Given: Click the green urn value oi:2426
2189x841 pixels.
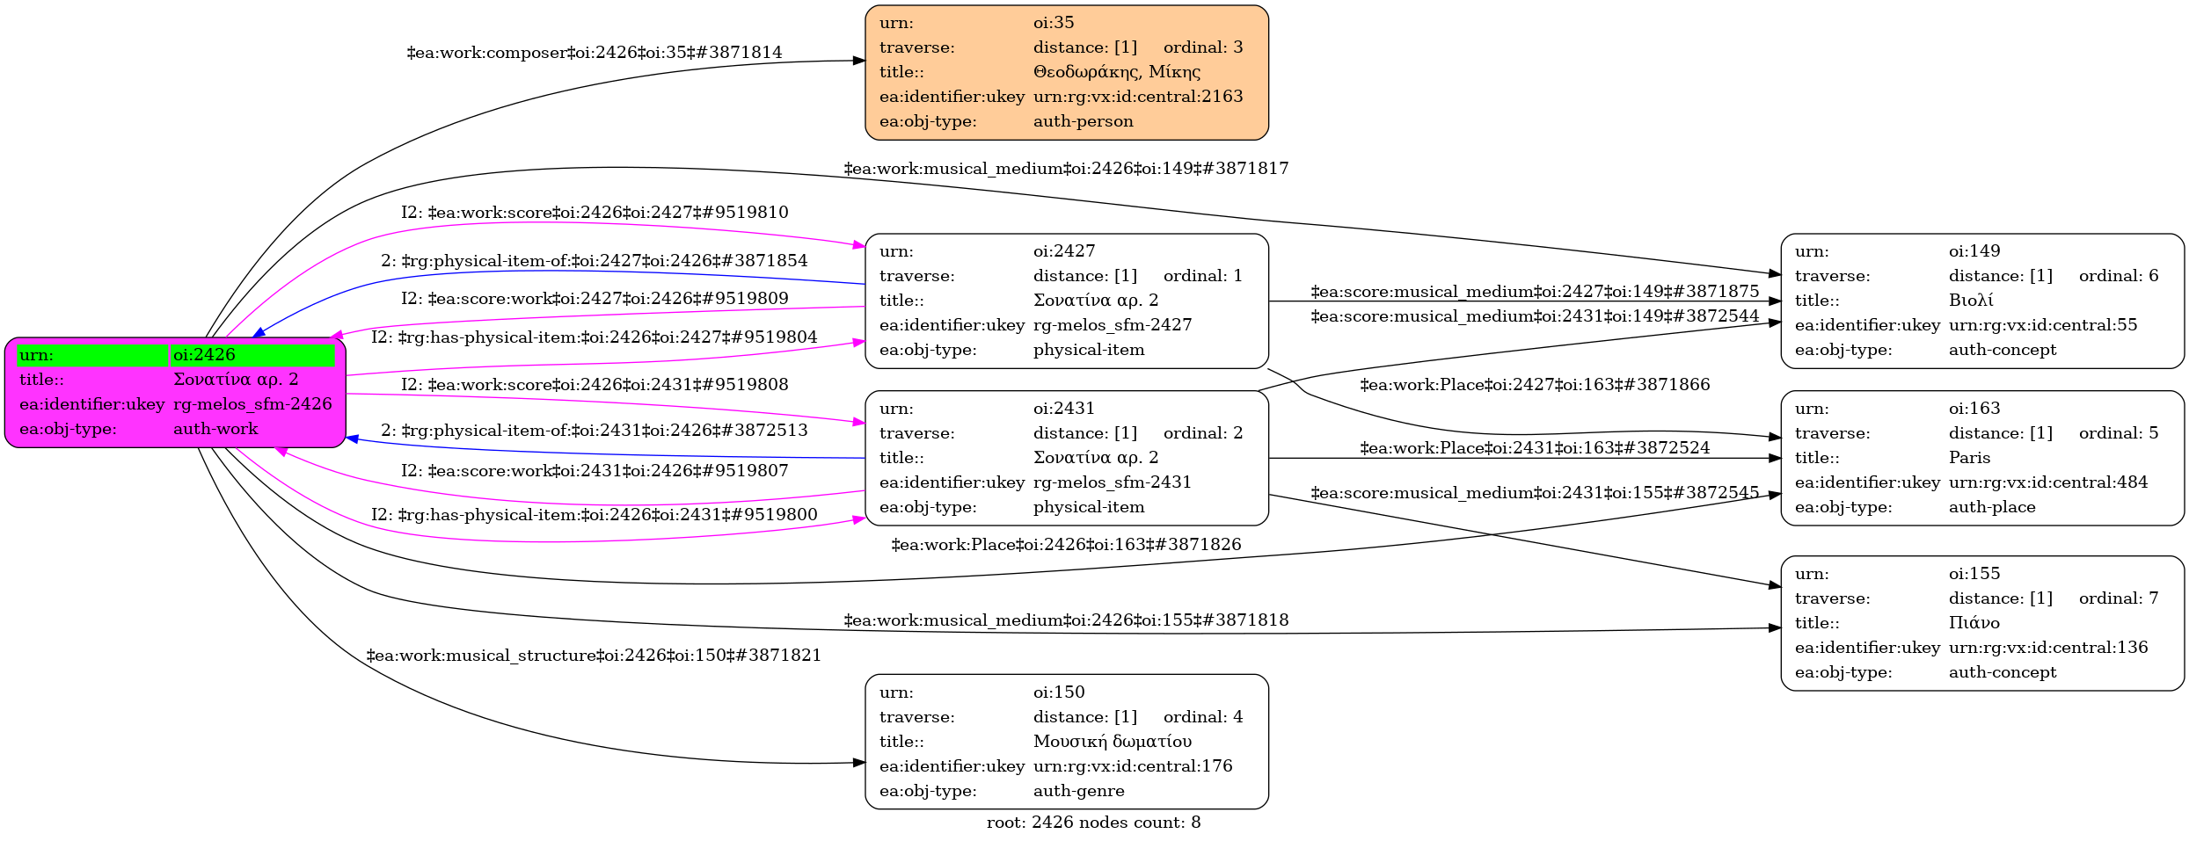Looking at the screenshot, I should pos(204,355).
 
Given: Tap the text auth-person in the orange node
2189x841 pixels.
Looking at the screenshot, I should pos(1083,121).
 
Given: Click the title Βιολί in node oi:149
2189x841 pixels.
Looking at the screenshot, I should pos(1971,301).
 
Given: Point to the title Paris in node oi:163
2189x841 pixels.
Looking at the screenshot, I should pos(1969,458).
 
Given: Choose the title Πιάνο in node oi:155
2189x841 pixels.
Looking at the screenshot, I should pos(1974,623).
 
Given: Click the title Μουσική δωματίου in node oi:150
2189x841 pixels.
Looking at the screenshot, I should pos(1112,742).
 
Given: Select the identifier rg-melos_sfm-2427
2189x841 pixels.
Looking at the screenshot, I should pos(1112,325).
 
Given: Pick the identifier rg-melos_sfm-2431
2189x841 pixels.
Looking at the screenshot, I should pos(1112,482).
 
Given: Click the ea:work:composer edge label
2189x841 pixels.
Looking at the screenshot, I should pos(594,53).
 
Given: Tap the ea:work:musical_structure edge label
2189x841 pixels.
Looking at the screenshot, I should pos(594,656).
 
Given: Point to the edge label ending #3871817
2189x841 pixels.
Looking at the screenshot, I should pos(1066,169).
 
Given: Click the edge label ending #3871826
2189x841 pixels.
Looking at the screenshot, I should pos(1066,545).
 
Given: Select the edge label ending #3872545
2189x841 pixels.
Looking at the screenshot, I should pos(1534,493).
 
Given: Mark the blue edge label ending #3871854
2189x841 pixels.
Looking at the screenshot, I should pos(594,261).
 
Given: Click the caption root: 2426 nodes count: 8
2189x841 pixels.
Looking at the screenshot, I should pos(1093,823).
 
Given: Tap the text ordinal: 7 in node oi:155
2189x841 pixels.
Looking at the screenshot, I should pos(2118,598).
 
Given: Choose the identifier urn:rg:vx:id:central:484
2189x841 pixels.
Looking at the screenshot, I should pos(2047,482).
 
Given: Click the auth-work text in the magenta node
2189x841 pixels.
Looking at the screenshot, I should pos(215,429).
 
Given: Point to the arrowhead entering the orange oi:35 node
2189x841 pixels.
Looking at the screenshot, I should pos(859,61).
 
